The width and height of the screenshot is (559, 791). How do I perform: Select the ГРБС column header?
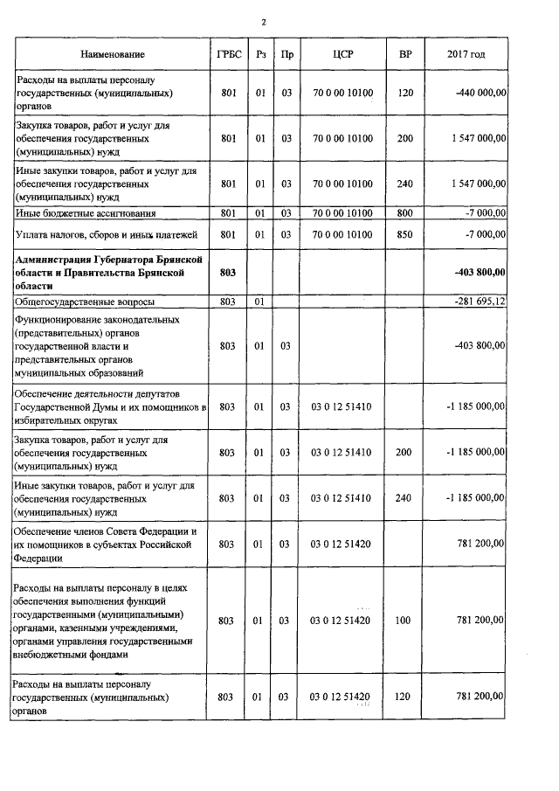[227, 54]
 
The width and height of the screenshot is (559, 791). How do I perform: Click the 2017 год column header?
[466, 54]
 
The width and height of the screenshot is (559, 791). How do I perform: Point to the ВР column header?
[404, 54]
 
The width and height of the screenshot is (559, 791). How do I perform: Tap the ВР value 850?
[404, 234]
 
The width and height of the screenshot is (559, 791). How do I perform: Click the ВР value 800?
[404, 212]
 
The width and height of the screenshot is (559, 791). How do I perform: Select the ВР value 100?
[404, 621]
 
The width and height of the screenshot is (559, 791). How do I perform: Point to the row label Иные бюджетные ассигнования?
[86, 212]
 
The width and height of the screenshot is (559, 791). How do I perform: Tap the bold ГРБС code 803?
[227, 273]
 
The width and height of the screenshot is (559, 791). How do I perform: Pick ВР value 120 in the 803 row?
[404, 697]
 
